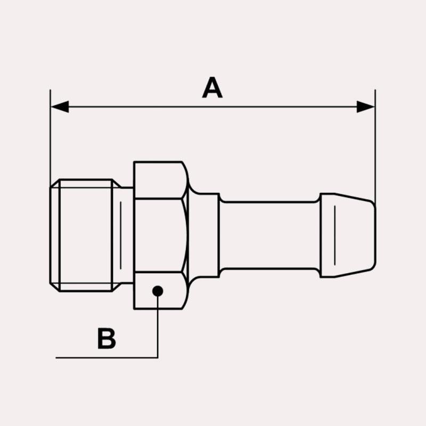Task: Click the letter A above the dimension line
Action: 212,87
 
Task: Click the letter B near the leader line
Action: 106,339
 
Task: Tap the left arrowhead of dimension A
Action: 60,107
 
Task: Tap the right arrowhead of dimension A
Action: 365,107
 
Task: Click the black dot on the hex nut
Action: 158,291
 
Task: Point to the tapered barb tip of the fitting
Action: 348,235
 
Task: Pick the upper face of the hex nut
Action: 160,180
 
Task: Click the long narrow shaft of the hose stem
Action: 269,235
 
